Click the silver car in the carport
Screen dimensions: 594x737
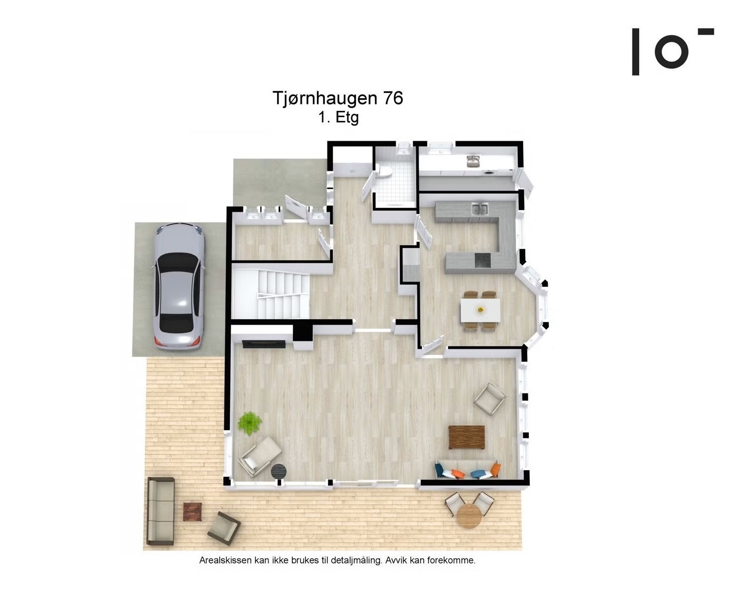click(x=178, y=286)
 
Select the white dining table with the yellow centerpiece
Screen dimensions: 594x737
click(x=479, y=310)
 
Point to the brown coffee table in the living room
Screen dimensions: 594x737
click(x=466, y=437)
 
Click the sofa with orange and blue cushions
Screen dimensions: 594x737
click(x=467, y=471)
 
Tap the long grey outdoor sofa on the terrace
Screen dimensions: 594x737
click(x=160, y=510)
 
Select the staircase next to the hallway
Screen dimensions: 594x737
click(x=270, y=294)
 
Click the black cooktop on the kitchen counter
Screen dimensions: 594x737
click(x=482, y=259)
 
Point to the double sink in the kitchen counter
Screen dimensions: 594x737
click(x=479, y=210)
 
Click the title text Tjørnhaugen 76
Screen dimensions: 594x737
click(x=337, y=98)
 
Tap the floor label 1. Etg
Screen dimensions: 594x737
click(x=338, y=117)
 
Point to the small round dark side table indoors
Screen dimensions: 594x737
click(x=279, y=471)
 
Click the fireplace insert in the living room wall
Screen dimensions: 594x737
click(x=264, y=344)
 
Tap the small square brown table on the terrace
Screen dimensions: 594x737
click(x=192, y=511)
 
